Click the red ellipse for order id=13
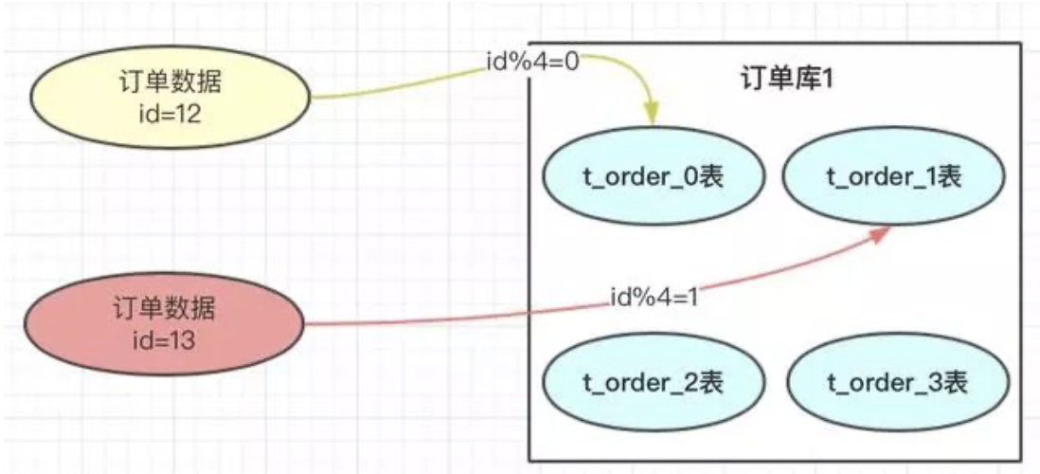point(164,322)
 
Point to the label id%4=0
point(530,64)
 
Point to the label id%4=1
point(653,297)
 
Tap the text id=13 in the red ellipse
point(164,338)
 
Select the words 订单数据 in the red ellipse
point(164,308)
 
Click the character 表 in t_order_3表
point(954,382)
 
